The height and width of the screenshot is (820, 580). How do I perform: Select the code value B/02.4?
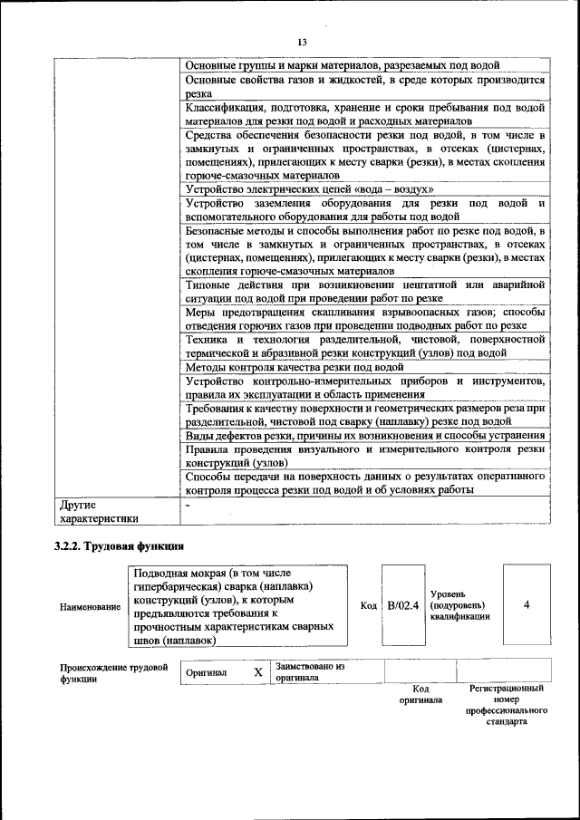pos(402,605)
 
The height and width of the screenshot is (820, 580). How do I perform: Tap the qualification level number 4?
pos(526,604)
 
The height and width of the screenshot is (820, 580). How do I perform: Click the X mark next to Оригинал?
pos(257,672)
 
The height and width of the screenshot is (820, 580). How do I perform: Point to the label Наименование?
pos(90,606)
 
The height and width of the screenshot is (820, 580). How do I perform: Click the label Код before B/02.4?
pos(368,605)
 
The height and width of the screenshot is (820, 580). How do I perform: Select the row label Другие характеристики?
pos(100,511)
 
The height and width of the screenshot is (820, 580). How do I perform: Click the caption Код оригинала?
pos(420,694)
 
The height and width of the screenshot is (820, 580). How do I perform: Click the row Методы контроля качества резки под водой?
pos(295,368)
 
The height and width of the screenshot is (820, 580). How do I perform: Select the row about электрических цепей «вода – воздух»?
pos(309,189)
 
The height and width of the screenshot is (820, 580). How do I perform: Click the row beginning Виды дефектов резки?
pos(364,436)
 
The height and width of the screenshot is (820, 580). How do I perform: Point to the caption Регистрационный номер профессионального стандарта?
pos(506,706)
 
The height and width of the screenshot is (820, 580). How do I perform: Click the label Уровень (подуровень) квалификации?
pos(460,604)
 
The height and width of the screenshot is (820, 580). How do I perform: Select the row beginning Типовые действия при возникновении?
pos(364,291)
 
